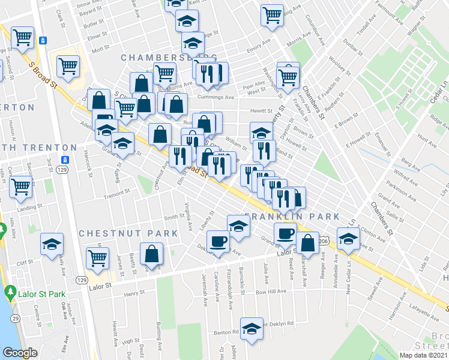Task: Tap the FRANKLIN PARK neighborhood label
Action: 292,216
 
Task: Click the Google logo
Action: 20,353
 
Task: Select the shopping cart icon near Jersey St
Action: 97,258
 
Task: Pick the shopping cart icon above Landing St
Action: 21,187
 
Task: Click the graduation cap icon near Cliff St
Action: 52,243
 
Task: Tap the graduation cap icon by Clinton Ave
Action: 348,238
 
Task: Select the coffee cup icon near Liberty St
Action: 218,241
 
